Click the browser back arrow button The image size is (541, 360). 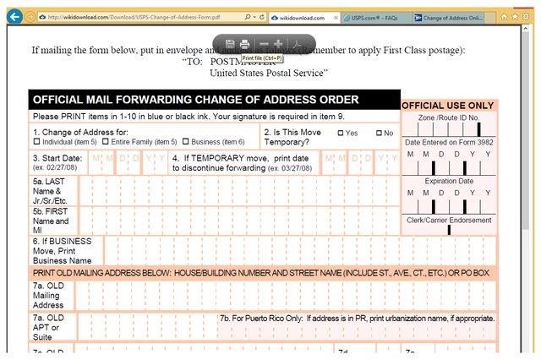[13, 16]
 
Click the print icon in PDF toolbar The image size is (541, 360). [244, 43]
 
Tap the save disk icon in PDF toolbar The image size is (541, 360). [230, 43]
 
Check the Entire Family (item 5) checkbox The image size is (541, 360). [107, 142]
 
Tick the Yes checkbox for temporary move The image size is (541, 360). [342, 133]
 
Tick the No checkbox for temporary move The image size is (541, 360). [380, 133]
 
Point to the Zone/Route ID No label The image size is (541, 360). [448, 118]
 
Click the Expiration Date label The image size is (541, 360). [448, 181]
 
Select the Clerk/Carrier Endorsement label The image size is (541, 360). [448, 220]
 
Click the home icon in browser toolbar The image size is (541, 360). [504, 16]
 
